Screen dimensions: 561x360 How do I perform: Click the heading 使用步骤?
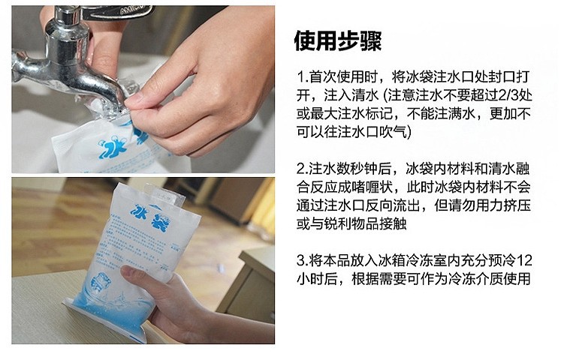click(x=338, y=40)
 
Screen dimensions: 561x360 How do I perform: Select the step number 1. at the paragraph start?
click(x=303, y=76)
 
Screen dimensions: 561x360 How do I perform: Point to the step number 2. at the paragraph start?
click(x=303, y=169)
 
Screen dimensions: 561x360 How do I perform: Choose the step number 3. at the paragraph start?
click(x=303, y=260)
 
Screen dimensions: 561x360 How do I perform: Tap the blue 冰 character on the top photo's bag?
click(x=112, y=146)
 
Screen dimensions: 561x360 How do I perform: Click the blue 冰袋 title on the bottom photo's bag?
click(x=150, y=217)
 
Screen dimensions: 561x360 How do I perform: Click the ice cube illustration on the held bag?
click(x=102, y=283)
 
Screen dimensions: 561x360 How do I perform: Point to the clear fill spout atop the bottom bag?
click(x=164, y=195)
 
